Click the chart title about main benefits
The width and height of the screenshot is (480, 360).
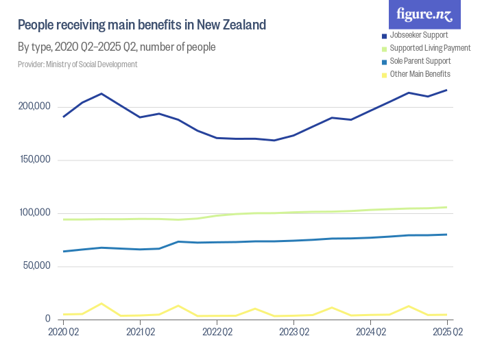141,25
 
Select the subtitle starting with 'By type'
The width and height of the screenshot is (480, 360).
117,47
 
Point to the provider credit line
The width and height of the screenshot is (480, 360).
77,64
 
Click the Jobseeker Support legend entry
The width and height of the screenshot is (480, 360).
418,35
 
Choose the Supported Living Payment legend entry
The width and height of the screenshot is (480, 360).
426,48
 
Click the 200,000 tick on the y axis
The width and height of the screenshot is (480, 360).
34,107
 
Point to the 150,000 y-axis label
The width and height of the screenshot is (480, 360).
34,160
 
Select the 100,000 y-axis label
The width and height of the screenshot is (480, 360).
34,213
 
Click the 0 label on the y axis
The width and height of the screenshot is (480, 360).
48,319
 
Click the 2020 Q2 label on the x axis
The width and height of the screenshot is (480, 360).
63,333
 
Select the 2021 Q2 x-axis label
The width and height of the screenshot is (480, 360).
140,333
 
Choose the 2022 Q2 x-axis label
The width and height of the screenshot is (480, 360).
217,333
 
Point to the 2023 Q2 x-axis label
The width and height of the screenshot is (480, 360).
293,333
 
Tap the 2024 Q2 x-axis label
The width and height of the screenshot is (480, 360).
370,333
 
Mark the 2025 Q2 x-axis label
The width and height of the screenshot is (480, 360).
447,333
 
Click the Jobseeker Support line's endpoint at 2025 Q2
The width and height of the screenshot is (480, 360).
447,91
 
